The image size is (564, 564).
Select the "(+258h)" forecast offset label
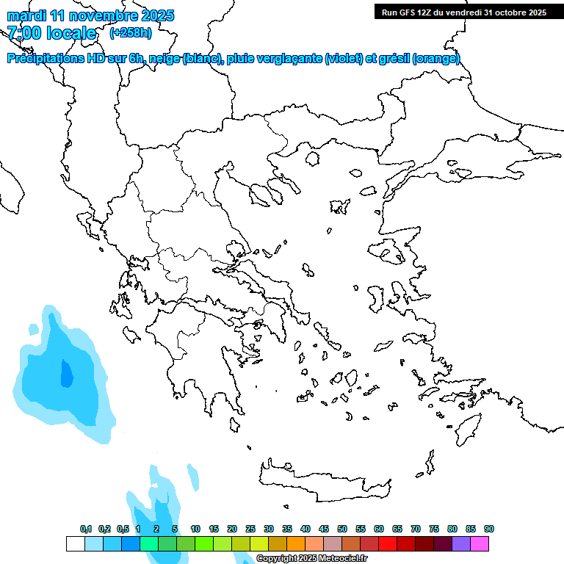130,32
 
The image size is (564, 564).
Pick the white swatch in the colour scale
75,543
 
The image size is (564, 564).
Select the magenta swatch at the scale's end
480,543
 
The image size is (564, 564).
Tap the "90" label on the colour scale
488,529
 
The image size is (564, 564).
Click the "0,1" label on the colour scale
85,529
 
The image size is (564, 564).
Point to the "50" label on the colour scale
342,529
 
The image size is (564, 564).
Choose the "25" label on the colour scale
250,529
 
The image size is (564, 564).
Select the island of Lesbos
390,253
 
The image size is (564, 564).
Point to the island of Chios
377,297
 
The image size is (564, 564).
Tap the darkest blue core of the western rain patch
66,375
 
